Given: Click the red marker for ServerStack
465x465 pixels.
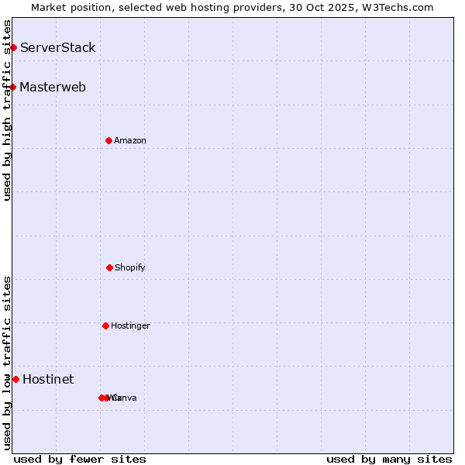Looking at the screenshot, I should (13, 48).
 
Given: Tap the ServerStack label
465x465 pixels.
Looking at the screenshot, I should (58, 48).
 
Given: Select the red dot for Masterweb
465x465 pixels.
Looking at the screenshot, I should (13, 87).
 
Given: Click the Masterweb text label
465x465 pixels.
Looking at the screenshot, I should (53, 87).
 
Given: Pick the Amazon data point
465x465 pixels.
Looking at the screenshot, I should (109, 140).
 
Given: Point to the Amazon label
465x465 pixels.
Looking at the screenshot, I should (130, 141).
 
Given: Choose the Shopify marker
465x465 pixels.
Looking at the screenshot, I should (109, 267).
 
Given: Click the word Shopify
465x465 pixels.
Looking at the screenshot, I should (130, 268).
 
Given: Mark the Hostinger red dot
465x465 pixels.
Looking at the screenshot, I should (105, 325).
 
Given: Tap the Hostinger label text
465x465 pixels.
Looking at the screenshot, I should (130, 326).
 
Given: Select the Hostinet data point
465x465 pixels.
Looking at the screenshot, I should (15, 379).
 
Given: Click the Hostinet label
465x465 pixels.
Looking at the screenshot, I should (48, 380).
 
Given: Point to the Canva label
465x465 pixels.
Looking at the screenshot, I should (124, 398).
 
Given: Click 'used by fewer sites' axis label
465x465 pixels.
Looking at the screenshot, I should (80, 459).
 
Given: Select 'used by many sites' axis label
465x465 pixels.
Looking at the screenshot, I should (389, 459).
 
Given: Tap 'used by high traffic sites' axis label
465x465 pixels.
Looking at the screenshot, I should (7, 110).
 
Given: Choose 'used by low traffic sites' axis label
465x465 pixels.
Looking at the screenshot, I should (7, 363).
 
